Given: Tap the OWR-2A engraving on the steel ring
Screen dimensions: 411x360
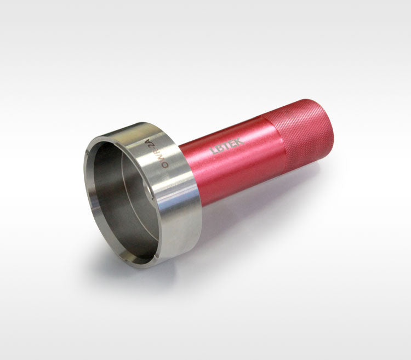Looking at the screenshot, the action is (157, 153).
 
